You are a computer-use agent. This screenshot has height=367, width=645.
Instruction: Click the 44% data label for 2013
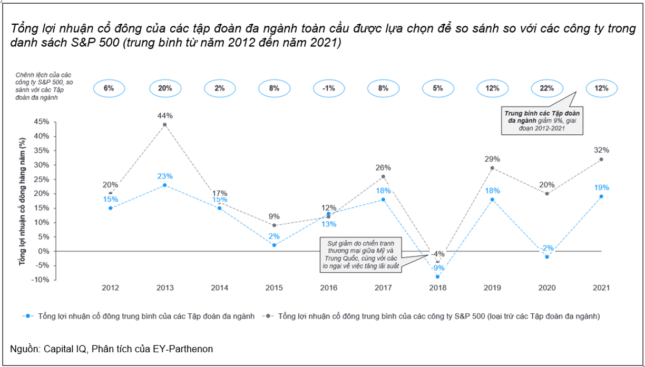pyautogui.click(x=165, y=115)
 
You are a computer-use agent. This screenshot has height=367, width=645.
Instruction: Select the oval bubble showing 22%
pyautogui.click(x=546, y=88)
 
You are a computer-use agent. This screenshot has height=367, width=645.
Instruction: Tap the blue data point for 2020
pyautogui.click(x=546, y=257)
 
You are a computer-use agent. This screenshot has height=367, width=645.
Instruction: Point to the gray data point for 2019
pyautogui.click(x=492, y=168)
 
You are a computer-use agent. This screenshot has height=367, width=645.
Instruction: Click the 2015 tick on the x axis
pyautogui.click(x=274, y=288)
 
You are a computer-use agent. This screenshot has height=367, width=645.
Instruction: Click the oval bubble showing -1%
pyautogui.click(x=328, y=88)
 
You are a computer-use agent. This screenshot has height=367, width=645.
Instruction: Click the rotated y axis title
pyautogui.click(x=22, y=200)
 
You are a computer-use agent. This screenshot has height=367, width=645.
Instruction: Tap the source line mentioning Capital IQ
pyautogui.click(x=112, y=349)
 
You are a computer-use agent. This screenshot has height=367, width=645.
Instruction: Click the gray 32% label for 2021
pyautogui.click(x=601, y=150)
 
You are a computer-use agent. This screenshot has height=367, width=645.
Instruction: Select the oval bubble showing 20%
pyautogui.click(x=165, y=88)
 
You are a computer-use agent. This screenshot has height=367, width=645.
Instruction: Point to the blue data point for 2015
pyautogui.click(x=274, y=245)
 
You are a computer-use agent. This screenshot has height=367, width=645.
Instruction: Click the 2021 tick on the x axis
pyautogui.click(x=601, y=288)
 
